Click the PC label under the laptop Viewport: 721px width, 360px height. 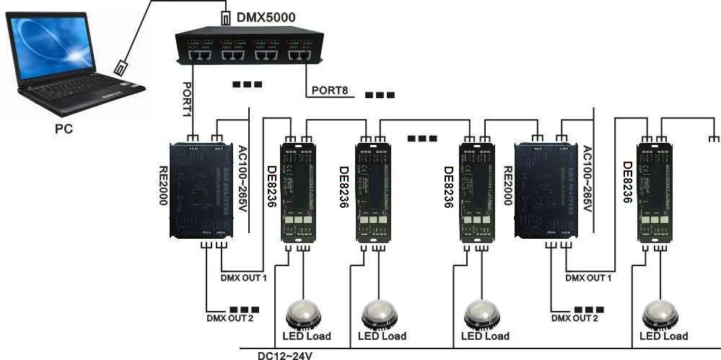(64, 129)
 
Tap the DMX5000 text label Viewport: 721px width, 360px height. (266, 16)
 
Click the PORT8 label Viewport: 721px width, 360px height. (330, 92)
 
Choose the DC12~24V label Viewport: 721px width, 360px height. (285, 354)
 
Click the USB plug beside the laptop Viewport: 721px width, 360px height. (122, 68)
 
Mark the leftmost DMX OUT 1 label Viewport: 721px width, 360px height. (243, 277)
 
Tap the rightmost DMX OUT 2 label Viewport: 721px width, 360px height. (574, 317)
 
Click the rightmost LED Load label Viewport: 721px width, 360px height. (663, 336)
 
